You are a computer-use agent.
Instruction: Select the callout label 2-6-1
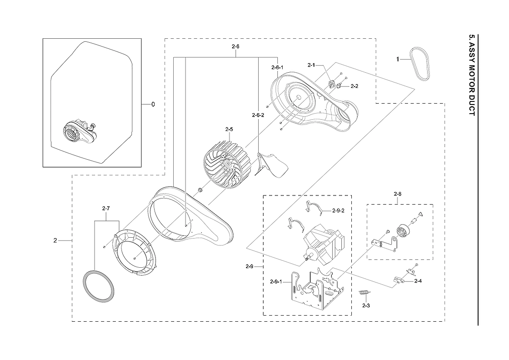point(277,67)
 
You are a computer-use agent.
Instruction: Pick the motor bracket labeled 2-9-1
point(315,289)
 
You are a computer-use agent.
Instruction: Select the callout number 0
point(153,104)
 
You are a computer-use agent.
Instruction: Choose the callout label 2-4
point(418,281)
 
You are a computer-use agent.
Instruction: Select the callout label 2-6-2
point(258,115)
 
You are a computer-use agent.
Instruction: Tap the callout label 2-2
point(354,86)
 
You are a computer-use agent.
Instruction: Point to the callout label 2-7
point(106,209)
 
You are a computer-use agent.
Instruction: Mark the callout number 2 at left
point(55,240)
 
